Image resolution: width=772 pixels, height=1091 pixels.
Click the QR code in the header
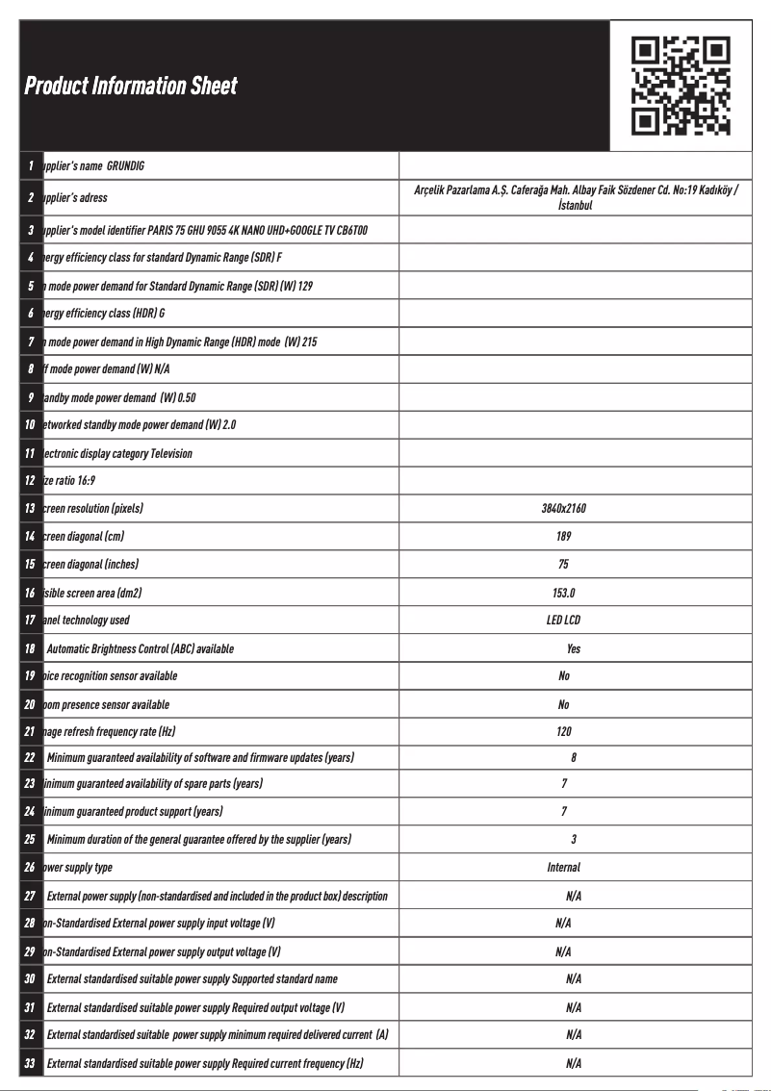pyautogui.click(x=681, y=85)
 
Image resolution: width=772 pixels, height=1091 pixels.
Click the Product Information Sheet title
pyautogui.click(x=130, y=86)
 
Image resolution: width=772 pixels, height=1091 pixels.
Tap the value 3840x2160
pyautogui.click(x=563, y=508)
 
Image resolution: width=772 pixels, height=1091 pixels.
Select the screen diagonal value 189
pyautogui.click(x=563, y=536)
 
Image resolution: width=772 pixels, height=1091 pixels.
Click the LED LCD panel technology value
pyautogui.click(x=563, y=621)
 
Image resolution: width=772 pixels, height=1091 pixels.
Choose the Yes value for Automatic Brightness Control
pyautogui.click(x=574, y=648)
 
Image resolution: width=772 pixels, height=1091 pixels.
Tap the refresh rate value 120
pyautogui.click(x=563, y=732)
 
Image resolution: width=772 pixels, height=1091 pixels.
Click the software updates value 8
pyautogui.click(x=574, y=758)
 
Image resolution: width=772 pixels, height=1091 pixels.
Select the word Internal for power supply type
pyautogui.click(x=563, y=868)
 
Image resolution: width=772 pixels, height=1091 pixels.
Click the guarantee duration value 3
pyautogui.click(x=574, y=840)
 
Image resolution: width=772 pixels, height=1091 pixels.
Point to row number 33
pyautogui.click(x=30, y=1063)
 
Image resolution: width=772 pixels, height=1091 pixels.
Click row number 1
pyautogui.click(x=31, y=165)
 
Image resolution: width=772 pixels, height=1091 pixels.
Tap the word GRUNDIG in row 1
pyautogui.click(x=125, y=166)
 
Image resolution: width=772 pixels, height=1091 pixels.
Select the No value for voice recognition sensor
pyautogui.click(x=563, y=676)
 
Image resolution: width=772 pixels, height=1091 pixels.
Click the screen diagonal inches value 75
pyautogui.click(x=563, y=564)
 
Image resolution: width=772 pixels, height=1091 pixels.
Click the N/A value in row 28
pyautogui.click(x=563, y=924)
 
